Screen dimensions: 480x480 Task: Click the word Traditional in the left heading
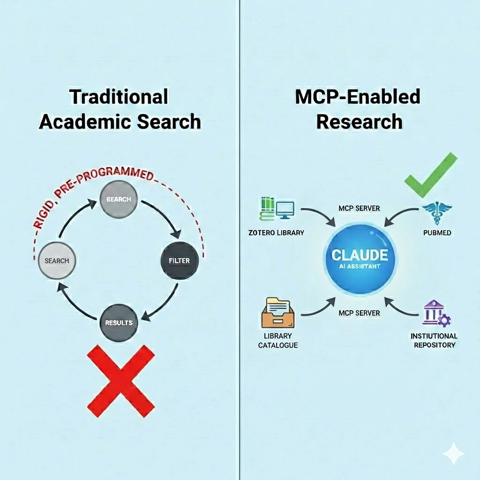(x=119, y=97)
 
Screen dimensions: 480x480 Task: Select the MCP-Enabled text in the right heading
(x=358, y=97)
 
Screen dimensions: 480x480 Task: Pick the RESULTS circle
(x=119, y=322)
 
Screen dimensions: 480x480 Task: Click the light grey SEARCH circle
(x=57, y=260)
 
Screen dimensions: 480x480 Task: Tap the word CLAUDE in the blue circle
(x=360, y=255)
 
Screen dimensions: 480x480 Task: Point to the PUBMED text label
(x=436, y=232)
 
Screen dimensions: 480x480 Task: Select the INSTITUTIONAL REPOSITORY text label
(x=434, y=340)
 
